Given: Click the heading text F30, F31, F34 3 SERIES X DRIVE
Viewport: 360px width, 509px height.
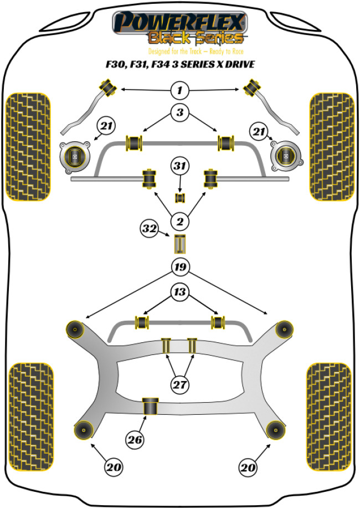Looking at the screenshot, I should tap(179, 64).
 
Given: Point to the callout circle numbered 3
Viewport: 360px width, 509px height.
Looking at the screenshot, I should tap(179, 114).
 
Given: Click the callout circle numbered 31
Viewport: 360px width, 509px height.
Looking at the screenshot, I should tap(179, 166).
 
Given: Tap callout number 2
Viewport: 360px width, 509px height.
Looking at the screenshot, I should tap(179, 223).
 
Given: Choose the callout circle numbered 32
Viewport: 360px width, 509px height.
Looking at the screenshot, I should tap(148, 228).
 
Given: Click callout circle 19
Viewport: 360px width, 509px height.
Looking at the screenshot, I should tap(179, 268).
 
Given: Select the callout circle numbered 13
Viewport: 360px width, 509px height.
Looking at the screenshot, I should tap(179, 293).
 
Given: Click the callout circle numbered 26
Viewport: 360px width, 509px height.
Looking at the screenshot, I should tap(135, 440).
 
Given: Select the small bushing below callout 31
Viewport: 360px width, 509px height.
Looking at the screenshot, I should tap(179, 198).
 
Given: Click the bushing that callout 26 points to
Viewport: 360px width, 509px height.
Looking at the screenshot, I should tap(150, 405).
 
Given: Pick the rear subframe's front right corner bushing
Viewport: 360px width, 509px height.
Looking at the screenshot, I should tap(285, 328).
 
